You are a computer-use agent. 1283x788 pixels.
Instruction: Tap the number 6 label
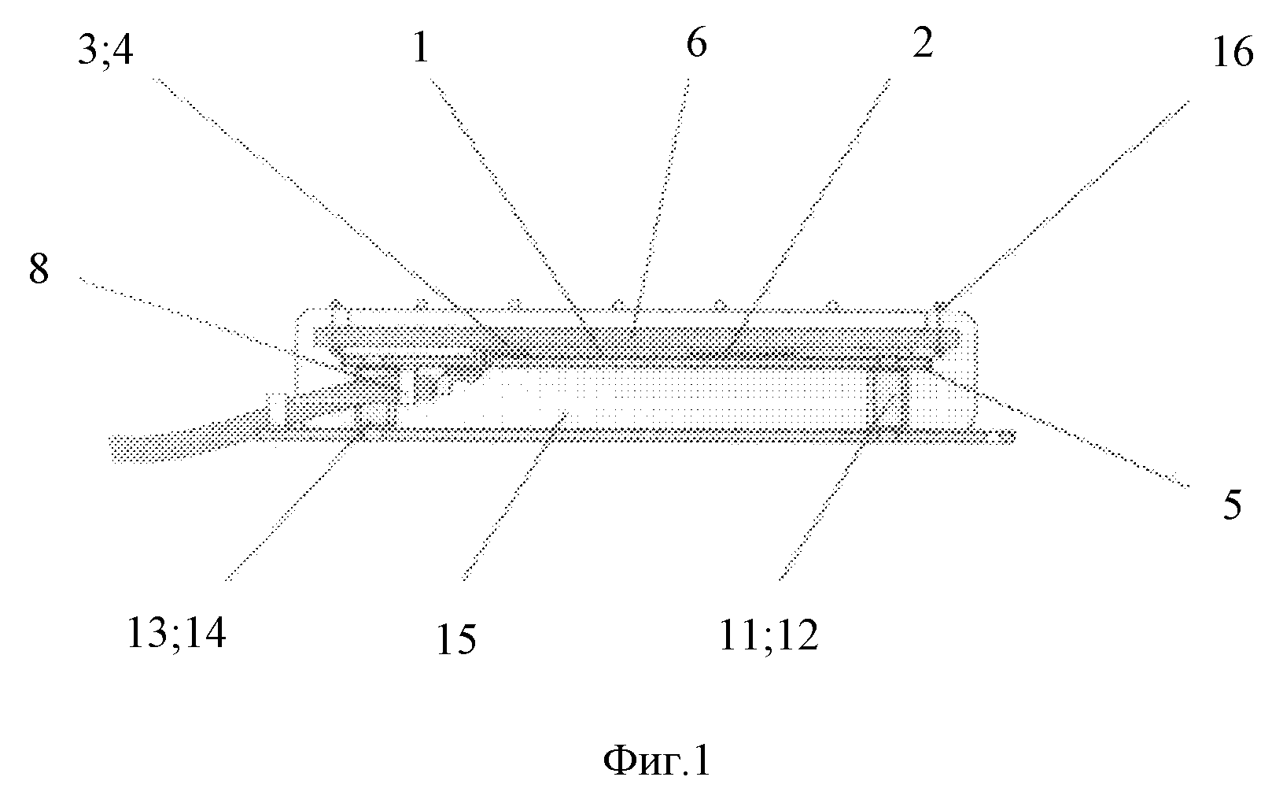pos(696,43)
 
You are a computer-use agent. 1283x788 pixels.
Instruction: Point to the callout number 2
pos(923,43)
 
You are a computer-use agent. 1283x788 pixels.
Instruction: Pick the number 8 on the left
pos(39,269)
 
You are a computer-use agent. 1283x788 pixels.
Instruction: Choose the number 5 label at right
pos(1232,505)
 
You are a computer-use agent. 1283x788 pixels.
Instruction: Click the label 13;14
pos(176,633)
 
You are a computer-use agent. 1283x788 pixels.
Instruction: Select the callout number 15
pos(456,639)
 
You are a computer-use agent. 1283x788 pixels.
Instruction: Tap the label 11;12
pos(769,635)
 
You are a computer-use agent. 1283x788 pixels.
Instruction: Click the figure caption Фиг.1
pos(656,760)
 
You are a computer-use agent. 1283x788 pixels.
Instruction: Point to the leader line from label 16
pos(1063,205)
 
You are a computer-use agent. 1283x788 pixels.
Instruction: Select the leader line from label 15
pos(514,495)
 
